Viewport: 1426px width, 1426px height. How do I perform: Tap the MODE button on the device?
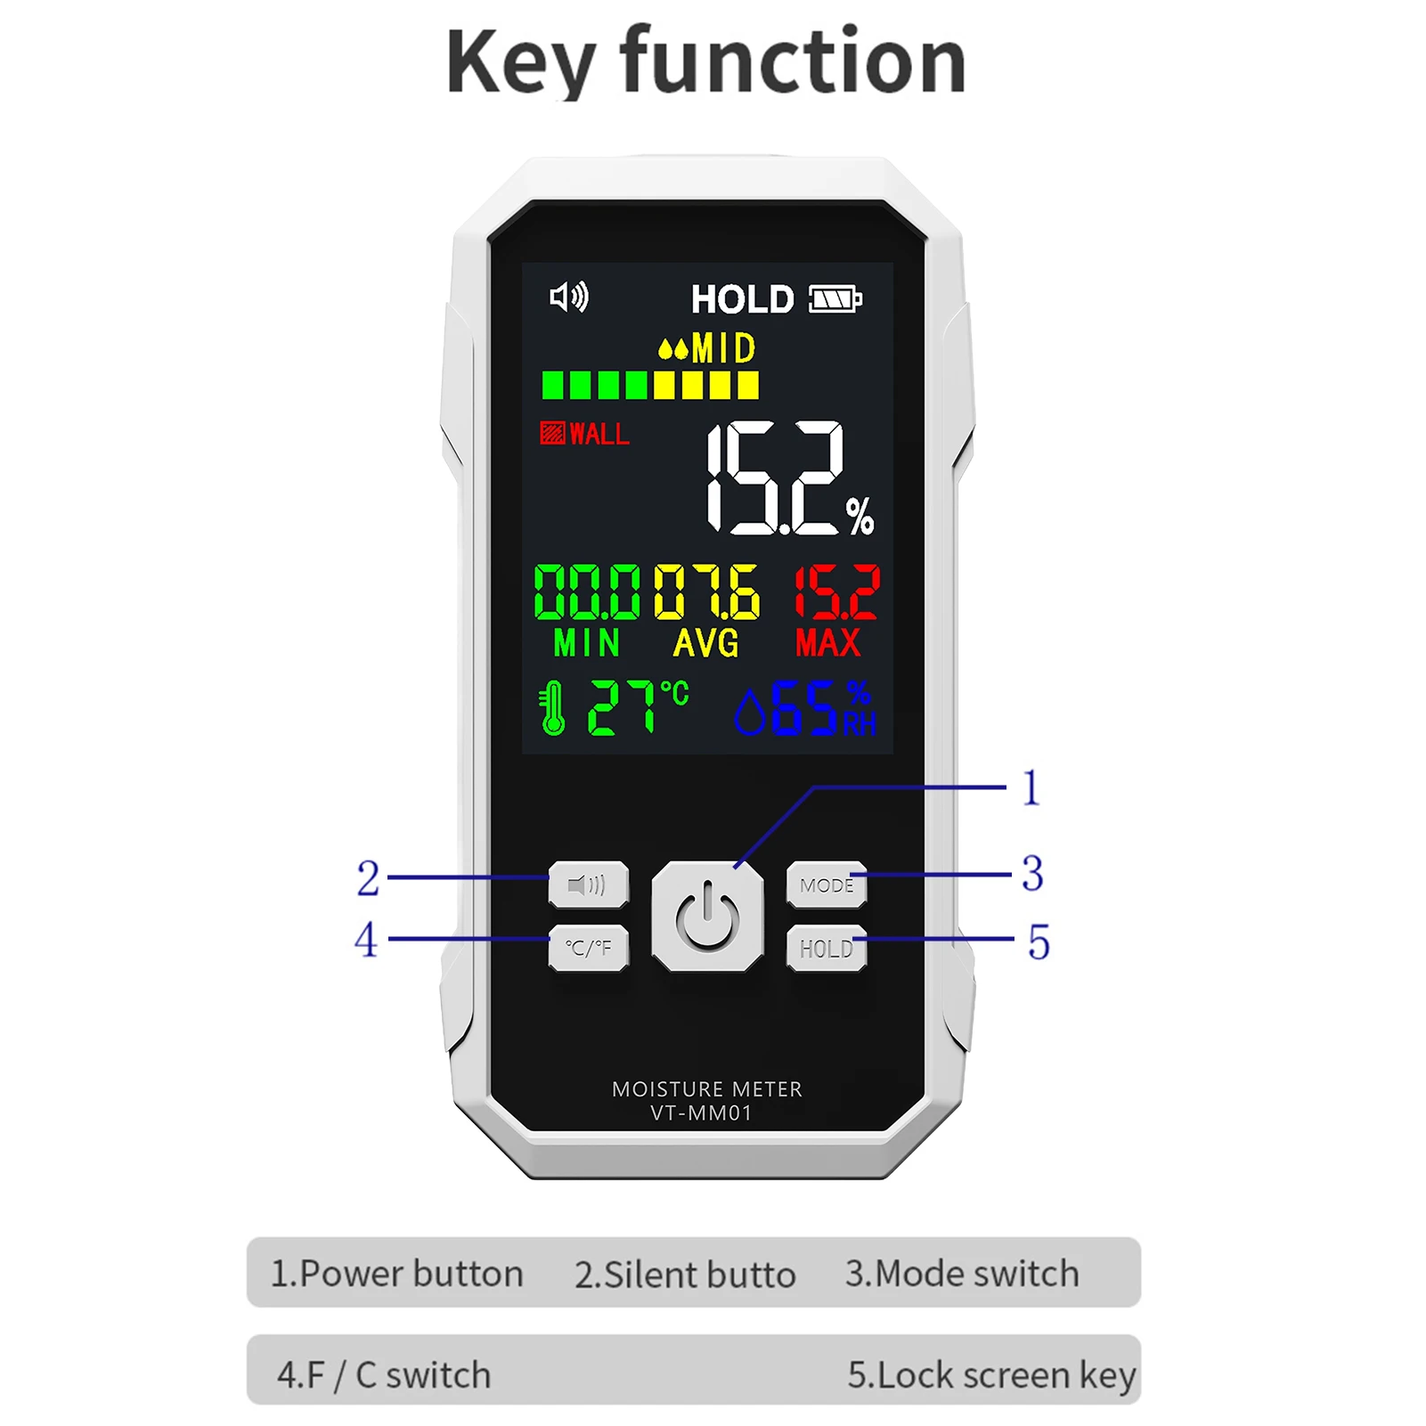pyautogui.click(x=826, y=884)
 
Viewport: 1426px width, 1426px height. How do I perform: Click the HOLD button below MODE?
pyautogui.click(x=826, y=949)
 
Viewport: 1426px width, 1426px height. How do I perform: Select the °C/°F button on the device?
pyautogui.click(x=588, y=948)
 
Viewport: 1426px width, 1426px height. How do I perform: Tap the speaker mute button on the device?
pyautogui.click(x=588, y=884)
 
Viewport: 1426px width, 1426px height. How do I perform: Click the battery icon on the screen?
pyautogui.click(x=835, y=299)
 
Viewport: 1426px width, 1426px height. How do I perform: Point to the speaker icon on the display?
pyautogui.click(x=569, y=297)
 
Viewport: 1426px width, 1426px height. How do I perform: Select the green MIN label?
pyautogui.click(x=586, y=642)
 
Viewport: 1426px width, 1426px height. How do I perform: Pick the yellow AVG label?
pyautogui.click(x=705, y=642)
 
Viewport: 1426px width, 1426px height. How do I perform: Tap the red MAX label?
pyautogui.click(x=828, y=642)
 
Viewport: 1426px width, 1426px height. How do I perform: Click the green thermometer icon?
pyautogui.click(x=553, y=708)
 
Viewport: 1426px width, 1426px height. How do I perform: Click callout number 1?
pyautogui.click(x=1031, y=788)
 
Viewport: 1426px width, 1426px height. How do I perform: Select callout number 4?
pyautogui.click(x=366, y=940)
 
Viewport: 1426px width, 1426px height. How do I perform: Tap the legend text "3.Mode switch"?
pyautogui.click(x=962, y=1274)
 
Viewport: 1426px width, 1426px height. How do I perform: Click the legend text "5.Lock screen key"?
pyautogui.click(x=991, y=1375)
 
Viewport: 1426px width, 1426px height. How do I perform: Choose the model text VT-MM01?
pyautogui.click(x=702, y=1113)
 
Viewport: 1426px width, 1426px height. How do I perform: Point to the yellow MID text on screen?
pyautogui.click(x=723, y=349)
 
